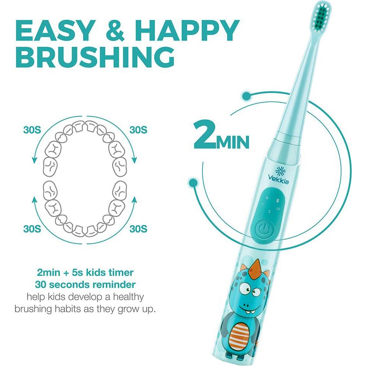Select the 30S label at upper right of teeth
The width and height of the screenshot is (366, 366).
tap(138, 129)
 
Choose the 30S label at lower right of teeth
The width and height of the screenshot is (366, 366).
tap(138, 229)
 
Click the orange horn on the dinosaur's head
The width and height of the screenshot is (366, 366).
tap(257, 266)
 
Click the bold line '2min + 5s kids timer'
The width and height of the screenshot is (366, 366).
tap(85, 272)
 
